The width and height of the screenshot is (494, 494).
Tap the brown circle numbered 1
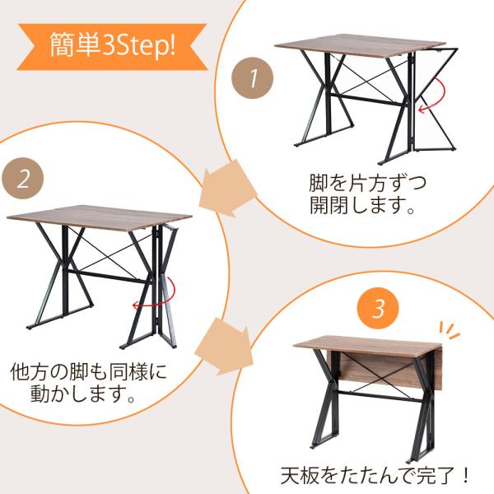(254, 79)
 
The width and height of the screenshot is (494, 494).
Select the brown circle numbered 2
(24, 178)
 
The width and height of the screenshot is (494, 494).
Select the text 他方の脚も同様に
(88, 370)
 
